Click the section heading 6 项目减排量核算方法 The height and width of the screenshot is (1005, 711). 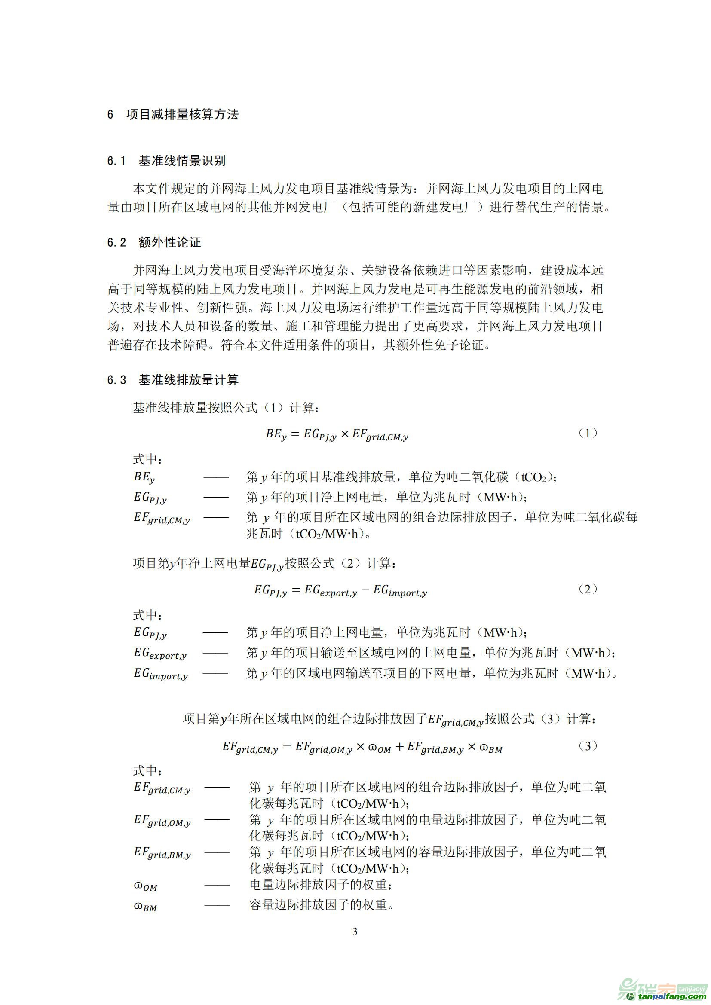tap(173, 115)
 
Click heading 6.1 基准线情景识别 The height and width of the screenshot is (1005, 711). tap(166, 161)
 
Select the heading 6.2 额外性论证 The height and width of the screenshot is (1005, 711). tap(154, 242)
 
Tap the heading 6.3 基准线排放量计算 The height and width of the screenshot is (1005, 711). tap(173, 380)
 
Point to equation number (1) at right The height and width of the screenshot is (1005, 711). tap(588, 434)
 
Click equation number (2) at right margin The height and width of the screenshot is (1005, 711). tap(588, 589)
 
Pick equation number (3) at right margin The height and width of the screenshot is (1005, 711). tap(588, 746)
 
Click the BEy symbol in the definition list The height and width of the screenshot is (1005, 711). tap(144, 477)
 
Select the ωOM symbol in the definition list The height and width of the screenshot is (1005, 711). tap(145, 886)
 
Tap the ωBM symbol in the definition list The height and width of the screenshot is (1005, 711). tap(145, 907)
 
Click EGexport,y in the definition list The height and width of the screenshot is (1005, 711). tap(160, 654)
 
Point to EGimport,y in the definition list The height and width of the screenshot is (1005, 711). tap(161, 674)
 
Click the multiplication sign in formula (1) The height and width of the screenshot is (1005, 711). tap(345, 434)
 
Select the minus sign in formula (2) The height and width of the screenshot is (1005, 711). tap(365, 590)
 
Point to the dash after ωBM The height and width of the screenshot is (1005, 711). tap(217, 906)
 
